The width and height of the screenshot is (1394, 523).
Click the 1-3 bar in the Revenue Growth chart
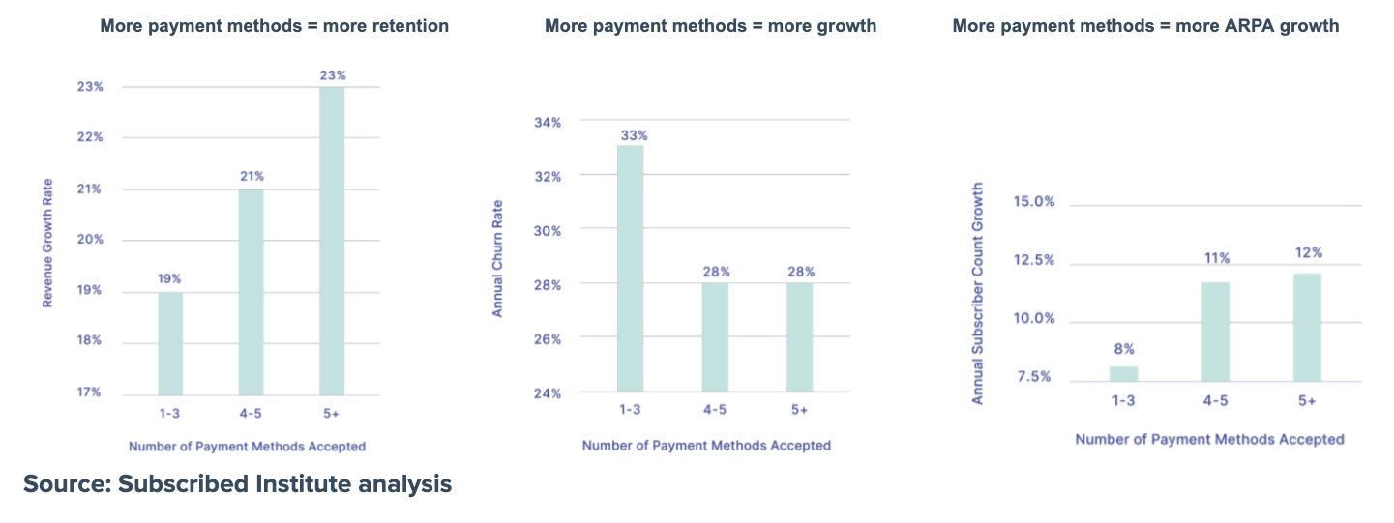[x=170, y=343]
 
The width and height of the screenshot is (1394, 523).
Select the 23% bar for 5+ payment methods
[x=332, y=241]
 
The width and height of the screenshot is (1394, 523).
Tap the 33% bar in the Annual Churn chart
[x=630, y=269]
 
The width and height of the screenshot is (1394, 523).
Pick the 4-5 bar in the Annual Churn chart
[x=714, y=337]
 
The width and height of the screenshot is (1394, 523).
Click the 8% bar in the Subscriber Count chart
[x=1123, y=373]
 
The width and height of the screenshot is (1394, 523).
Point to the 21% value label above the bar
[x=252, y=176]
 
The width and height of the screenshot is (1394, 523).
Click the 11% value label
[x=1216, y=258]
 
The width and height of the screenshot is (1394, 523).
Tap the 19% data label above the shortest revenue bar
[x=170, y=278]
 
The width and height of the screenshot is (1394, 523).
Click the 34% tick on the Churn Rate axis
[x=548, y=122]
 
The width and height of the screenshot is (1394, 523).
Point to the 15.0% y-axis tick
[x=1032, y=202]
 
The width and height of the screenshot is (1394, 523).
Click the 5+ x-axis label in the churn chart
[x=799, y=410]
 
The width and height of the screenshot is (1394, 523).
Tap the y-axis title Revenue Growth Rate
[x=46, y=243]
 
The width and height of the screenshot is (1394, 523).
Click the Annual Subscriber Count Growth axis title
[x=977, y=293]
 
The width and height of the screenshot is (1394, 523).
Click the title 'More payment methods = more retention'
[x=275, y=26]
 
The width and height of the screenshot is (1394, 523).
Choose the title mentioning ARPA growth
[x=1145, y=26]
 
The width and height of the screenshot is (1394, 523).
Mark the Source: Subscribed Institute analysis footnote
[x=237, y=483]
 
